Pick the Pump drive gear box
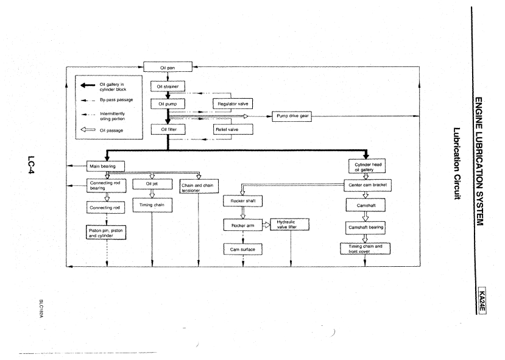tap(292, 116)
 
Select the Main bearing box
tap(107, 165)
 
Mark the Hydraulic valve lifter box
tap(290, 225)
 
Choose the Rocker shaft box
tap(242, 200)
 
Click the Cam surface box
tap(242, 250)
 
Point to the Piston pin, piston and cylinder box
tap(107, 233)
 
